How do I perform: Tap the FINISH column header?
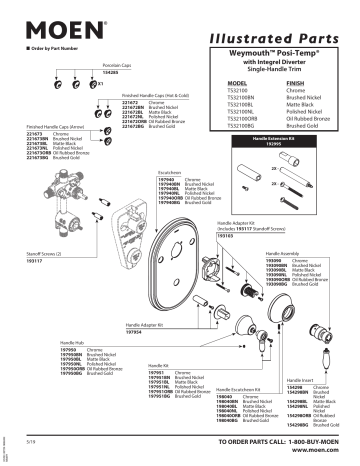(297, 84)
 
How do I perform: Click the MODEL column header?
(238, 84)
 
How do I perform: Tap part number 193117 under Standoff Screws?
(33, 261)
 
